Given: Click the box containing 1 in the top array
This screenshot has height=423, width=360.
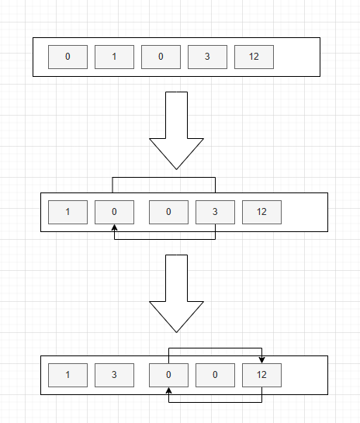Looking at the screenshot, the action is [114, 57].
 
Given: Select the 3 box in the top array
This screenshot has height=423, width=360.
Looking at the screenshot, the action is [207, 57].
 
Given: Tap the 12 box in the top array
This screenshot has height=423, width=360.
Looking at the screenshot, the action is [254, 57].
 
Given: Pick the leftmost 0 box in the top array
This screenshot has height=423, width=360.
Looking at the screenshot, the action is [67, 57].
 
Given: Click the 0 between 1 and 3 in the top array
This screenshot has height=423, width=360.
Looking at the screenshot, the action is [161, 57].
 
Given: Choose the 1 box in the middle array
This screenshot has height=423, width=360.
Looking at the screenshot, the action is [67, 212].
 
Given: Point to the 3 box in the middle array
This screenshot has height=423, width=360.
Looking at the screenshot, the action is [215, 212].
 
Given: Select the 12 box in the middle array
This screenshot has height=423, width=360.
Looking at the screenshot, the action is [261, 212].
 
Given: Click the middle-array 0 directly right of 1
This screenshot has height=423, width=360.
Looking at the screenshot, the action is [114, 212].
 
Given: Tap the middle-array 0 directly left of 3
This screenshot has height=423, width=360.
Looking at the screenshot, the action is [168, 212].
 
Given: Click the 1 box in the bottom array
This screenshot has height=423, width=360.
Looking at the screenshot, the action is [67, 375].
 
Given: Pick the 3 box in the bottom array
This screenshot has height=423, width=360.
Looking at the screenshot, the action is [114, 375].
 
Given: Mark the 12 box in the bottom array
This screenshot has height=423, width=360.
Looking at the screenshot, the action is [261, 375].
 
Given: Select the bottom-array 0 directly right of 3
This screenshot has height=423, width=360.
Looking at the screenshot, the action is [168, 375].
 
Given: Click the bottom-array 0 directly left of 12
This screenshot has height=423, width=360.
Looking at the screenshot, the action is [215, 375].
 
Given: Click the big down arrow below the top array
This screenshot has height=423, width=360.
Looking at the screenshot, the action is [176, 130].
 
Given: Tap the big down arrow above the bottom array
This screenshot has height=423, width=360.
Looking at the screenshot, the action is [176, 293].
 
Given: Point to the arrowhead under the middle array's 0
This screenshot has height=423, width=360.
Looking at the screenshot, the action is [114, 227].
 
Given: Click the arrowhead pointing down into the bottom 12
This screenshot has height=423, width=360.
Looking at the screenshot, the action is [261, 359].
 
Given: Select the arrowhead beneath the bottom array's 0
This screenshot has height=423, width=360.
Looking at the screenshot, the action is [169, 390].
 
